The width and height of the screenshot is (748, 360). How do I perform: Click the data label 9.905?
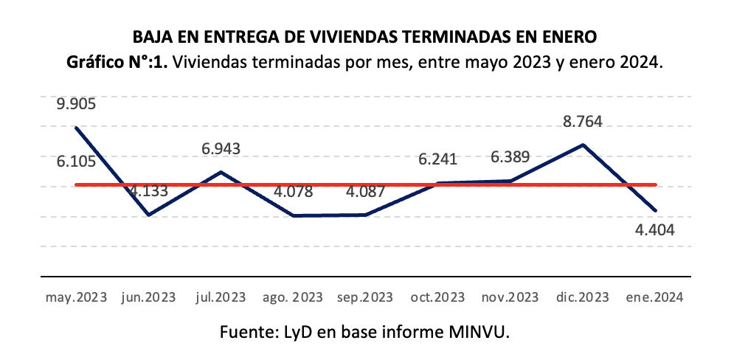[x=76, y=104]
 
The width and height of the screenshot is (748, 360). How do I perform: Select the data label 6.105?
[x=76, y=160]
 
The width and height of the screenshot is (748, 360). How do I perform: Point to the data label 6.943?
[x=221, y=149]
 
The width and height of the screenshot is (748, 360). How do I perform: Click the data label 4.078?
[x=293, y=193]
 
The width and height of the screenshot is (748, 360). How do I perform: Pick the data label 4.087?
[x=365, y=193]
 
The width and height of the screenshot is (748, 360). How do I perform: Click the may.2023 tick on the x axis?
[x=76, y=297]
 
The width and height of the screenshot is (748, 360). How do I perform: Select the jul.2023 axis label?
[x=221, y=297]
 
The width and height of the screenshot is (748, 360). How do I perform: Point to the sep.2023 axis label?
[x=365, y=297]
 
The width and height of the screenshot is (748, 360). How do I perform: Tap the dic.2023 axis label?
[x=583, y=297]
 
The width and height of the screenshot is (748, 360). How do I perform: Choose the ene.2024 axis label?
[x=655, y=297]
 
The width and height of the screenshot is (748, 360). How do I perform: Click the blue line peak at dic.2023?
[x=583, y=145]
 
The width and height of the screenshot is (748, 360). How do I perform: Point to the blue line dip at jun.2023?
[x=149, y=215]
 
